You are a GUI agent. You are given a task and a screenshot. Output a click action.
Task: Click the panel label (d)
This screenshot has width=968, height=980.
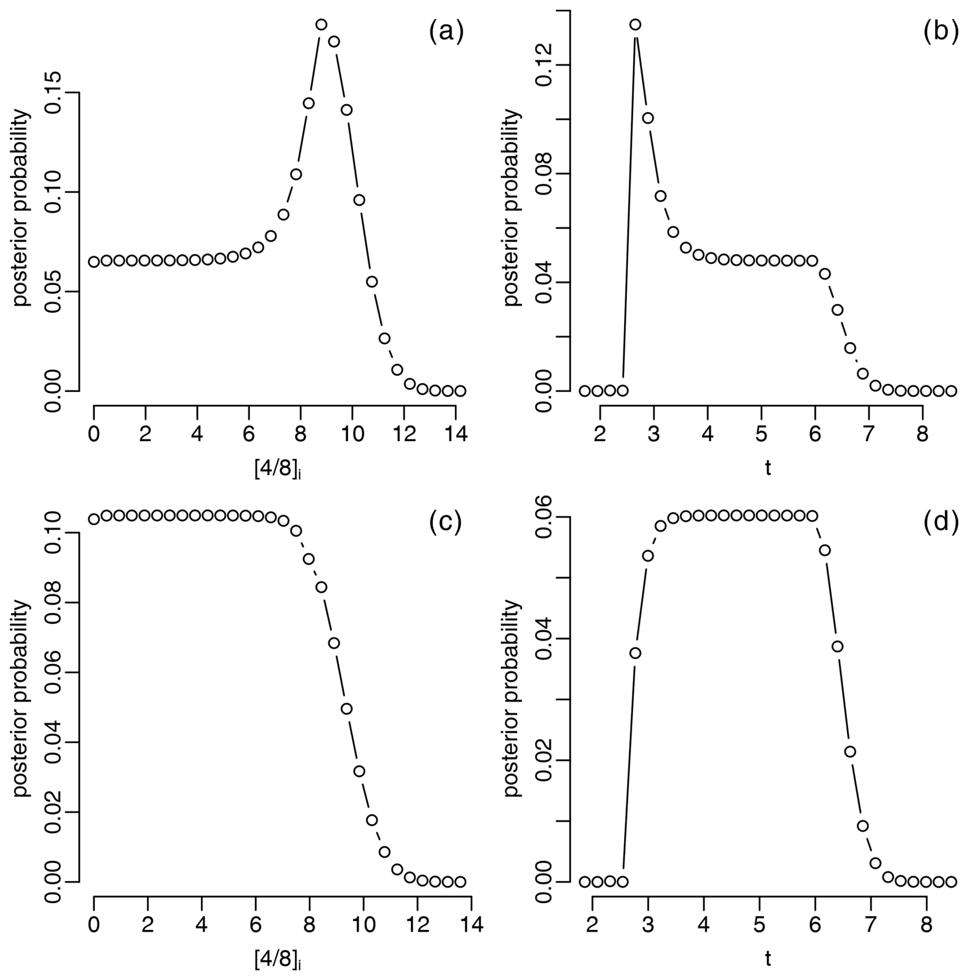tap(940, 522)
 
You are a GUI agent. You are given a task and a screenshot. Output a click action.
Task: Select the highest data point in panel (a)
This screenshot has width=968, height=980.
tap(321, 24)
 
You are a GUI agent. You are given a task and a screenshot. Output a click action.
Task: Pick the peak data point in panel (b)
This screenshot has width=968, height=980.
tap(635, 24)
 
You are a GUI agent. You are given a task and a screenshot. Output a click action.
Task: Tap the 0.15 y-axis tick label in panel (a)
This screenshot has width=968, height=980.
tap(53, 93)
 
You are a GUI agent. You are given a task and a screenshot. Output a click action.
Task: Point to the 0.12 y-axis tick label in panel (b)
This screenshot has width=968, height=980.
tap(544, 65)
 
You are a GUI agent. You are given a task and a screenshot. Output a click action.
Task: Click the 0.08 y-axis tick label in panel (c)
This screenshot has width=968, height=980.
tap(53, 603)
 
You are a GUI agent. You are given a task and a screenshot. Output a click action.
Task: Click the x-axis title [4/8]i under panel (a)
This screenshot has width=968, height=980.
tap(277, 469)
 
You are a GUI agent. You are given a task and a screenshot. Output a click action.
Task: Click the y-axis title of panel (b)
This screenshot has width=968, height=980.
tap(513, 208)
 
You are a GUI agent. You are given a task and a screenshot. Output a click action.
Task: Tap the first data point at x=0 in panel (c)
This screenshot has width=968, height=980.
tap(94, 519)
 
